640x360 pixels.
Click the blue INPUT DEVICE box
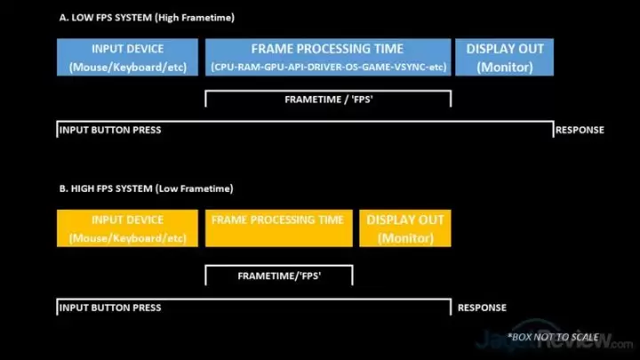tap(127, 57)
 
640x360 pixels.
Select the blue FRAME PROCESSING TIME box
tap(328, 57)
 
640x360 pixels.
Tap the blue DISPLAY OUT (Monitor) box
tap(505, 57)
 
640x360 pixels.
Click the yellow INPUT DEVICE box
tap(127, 228)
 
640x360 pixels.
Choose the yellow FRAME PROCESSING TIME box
tap(279, 228)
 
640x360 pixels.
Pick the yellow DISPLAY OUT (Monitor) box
tap(405, 228)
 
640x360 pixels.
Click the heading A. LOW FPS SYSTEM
tap(106, 18)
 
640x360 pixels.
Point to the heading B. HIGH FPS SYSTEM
tap(106, 188)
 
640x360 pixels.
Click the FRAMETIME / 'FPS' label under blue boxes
tap(329, 100)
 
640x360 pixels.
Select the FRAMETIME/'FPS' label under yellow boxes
tap(279, 276)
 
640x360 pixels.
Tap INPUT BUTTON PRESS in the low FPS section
tap(110, 130)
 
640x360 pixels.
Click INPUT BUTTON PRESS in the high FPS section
tap(110, 308)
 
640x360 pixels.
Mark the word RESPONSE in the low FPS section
tap(580, 130)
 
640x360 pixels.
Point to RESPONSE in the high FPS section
tap(482, 308)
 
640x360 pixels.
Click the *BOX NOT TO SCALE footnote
tap(553, 337)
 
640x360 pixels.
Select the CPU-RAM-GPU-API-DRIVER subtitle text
tap(329, 67)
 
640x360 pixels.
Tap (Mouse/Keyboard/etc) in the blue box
tap(128, 67)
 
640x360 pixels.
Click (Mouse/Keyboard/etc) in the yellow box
tap(128, 238)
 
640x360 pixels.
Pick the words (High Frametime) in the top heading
tap(195, 18)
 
